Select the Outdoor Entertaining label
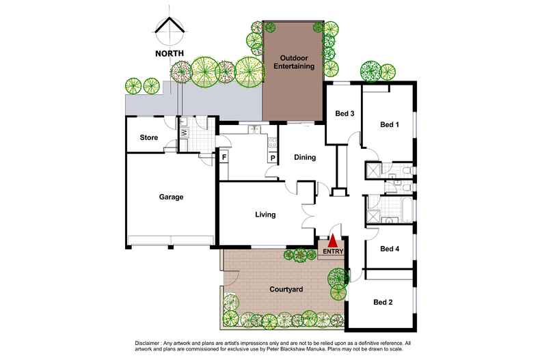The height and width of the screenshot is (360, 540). [290, 62]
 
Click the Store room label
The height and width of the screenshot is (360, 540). [149, 138]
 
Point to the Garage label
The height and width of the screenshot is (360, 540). [171, 197]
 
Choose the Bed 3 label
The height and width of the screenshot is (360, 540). [344, 114]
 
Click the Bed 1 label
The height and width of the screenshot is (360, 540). [389, 124]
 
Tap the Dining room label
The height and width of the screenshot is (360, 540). [305, 158]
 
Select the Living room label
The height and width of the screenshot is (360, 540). [265, 215]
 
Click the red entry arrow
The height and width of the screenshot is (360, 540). [332, 241]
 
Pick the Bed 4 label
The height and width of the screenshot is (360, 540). [389, 249]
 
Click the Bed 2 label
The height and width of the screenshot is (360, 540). [383, 302]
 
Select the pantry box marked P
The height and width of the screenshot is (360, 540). [273, 158]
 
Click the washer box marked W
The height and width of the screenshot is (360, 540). [185, 133]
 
